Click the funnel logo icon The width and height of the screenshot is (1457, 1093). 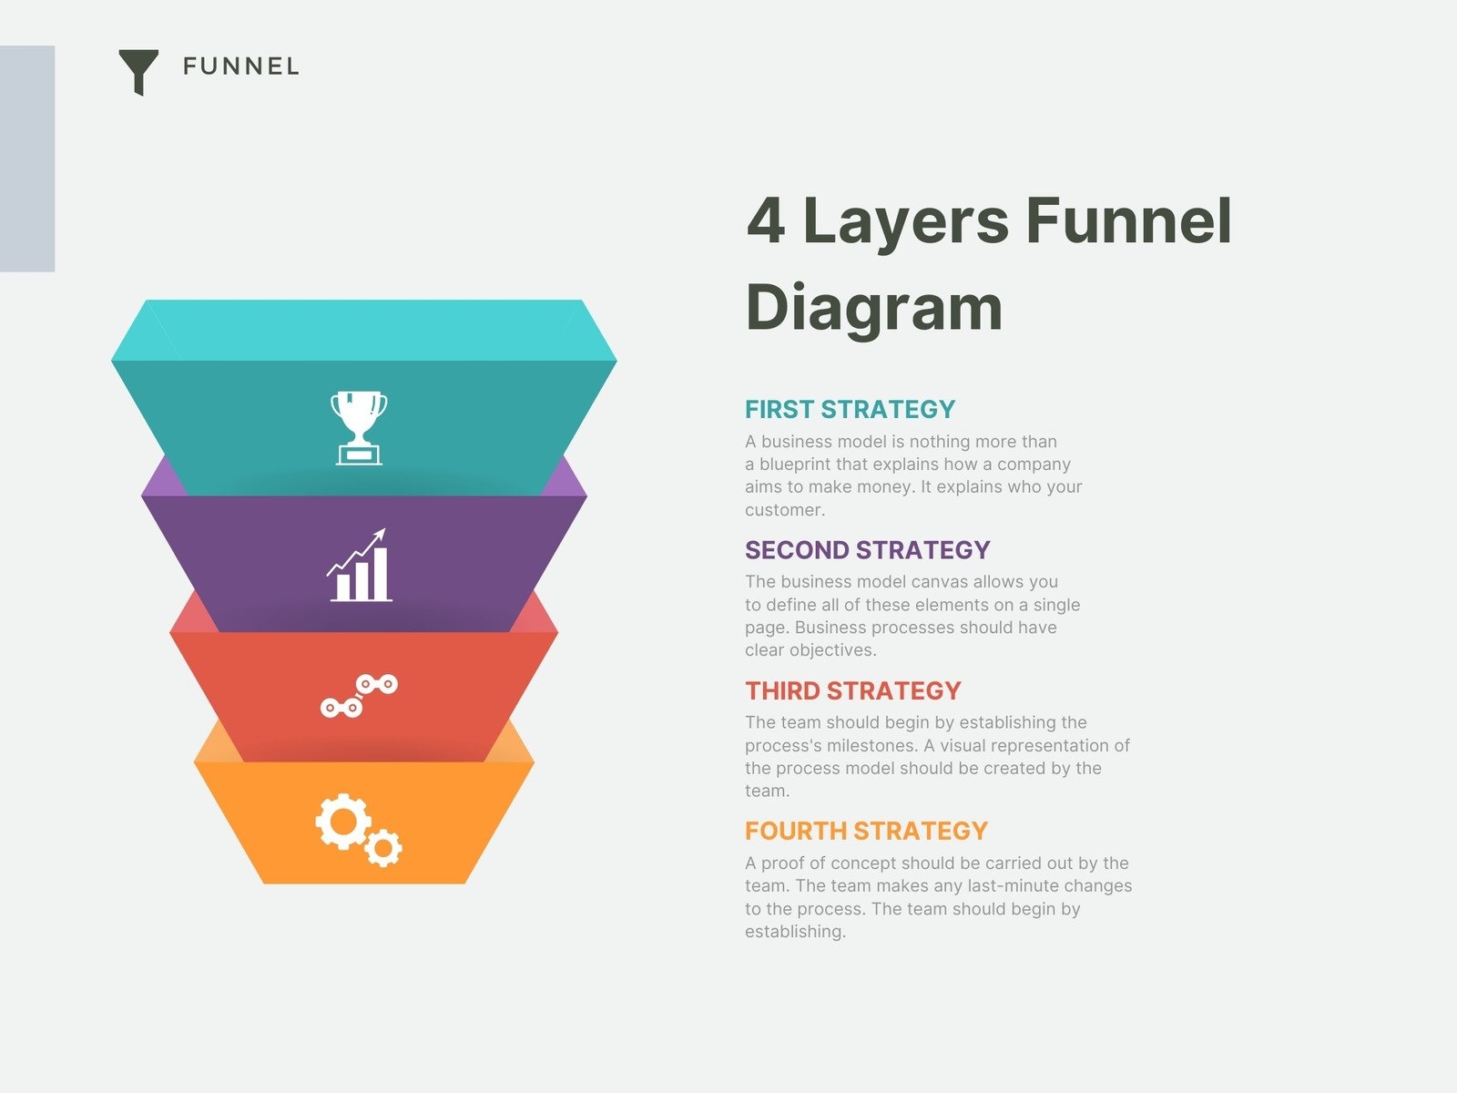click(138, 69)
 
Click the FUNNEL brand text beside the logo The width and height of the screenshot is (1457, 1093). click(241, 66)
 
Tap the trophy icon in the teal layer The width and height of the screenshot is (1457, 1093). click(359, 428)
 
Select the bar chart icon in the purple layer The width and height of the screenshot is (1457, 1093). click(360, 566)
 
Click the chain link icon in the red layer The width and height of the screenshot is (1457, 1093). click(359, 696)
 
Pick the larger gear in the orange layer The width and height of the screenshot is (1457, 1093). click(342, 821)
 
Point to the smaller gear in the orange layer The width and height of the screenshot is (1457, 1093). click(383, 847)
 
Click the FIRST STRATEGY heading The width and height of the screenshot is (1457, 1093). click(850, 410)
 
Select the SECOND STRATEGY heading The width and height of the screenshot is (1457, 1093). click(867, 550)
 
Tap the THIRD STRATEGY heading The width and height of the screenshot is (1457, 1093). click(853, 690)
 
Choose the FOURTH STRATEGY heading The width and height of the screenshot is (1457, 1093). click(866, 831)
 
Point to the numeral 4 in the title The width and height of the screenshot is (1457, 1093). click(766, 220)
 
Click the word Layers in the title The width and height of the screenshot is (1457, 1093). click(906, 224)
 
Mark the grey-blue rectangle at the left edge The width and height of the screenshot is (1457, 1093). click(27, 158)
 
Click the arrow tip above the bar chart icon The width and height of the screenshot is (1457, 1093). click(384, 529)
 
